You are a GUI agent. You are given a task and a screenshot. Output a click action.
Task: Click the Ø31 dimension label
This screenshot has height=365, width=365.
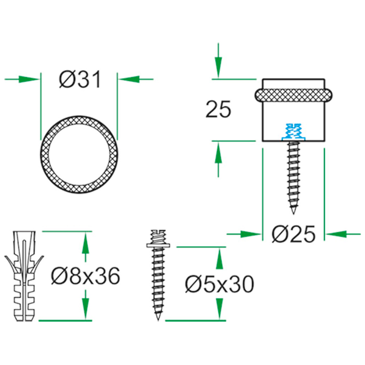click(80, 79)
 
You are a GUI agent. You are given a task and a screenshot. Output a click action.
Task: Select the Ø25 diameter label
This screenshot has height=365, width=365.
click(293, 234)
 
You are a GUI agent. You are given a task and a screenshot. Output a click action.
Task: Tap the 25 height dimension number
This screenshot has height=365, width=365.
click(218, 109)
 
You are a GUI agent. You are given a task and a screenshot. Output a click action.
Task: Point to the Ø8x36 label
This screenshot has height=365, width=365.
click(86, 276)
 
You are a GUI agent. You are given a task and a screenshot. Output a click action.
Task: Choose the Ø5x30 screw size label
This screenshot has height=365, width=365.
click(219, 284)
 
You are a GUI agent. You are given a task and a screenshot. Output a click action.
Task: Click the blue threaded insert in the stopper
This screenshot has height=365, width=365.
click(293, 132)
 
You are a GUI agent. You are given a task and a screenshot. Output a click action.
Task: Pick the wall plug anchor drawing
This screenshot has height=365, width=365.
click(24, 276)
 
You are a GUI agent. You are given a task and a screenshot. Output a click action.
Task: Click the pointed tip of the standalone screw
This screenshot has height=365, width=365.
click(158, 320)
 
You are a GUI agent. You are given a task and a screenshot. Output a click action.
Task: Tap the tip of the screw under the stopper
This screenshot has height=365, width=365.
click(293, 214)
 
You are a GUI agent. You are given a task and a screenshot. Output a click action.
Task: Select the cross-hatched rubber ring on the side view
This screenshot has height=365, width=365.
click(293, 95)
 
